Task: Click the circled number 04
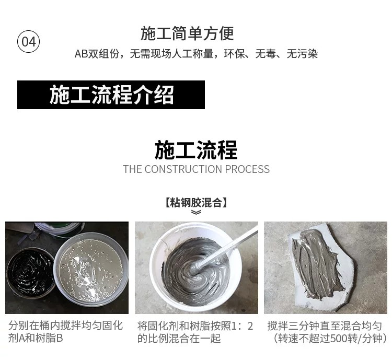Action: [29, 41]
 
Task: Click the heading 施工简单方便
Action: [187, 33]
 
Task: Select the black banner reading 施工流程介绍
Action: [111, 95]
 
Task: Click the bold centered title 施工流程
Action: [196, 150]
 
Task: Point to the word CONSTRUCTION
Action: [183, 169]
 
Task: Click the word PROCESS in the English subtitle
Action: [247, 169]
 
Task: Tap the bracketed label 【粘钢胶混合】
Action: [196, 203]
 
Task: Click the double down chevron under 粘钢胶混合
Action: [196, 212]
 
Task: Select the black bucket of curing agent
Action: [30, 272]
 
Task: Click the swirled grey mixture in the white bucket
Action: [194, 269]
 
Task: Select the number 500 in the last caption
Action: [339, 339]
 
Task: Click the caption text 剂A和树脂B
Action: [36, 338]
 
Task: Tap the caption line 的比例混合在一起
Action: [179, 339]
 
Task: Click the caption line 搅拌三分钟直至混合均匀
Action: [325, 326]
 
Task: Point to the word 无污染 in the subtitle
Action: [302, 54]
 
